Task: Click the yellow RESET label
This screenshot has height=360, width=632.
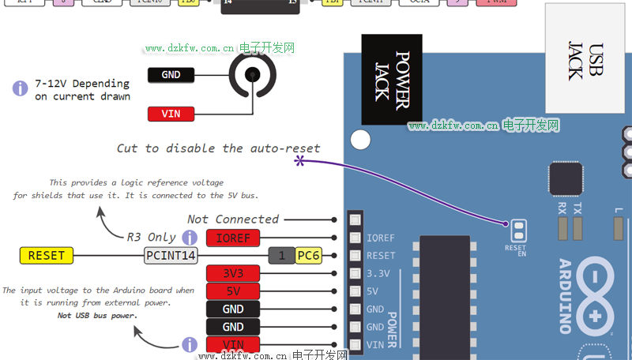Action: tap(46, 255)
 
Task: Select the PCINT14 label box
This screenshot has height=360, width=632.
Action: tap(170, 255)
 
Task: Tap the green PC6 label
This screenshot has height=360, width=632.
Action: tap(307, 255)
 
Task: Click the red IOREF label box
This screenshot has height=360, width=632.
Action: tap(233, 238)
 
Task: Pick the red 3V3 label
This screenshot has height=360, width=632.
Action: tap(233, 273)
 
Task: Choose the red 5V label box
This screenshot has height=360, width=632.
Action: tap(233, 291)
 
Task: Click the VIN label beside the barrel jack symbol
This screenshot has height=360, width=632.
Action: tap(171, 114)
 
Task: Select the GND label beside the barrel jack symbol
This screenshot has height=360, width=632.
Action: tap(171, 75)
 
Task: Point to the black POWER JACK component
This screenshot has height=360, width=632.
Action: tap(391, 79)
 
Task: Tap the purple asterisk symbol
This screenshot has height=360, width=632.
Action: tap(299, 161)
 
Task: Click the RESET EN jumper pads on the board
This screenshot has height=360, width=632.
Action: tap(517, 231)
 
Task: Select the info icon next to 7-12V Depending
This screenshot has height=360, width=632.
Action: tap(21, 89)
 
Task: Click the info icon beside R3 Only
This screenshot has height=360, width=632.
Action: tap(190, 238)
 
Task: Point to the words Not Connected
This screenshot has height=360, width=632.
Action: tap(233, 219)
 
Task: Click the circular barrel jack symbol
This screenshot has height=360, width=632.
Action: tap(253, 75)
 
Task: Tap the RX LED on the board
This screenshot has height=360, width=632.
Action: tap(562, 227)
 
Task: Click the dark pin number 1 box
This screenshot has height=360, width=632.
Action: tap(281, 255)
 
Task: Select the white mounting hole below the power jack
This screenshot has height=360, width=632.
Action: tap(360, 141)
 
